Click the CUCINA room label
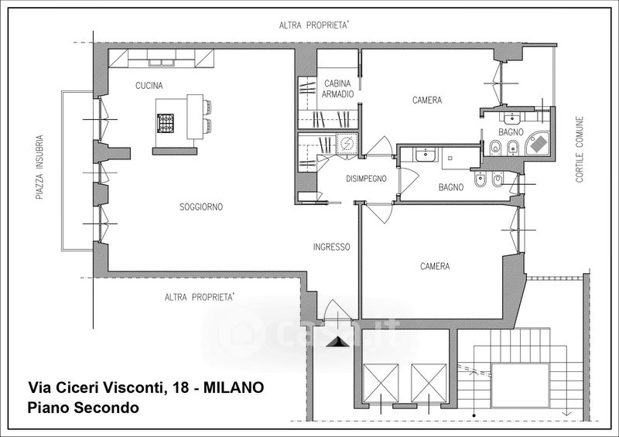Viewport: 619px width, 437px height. (x=149, y=85)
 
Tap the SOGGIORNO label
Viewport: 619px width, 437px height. (x=201, y=207)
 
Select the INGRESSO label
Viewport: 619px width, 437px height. (x=331, y=248)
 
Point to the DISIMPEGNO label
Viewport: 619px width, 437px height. (x=366, y=179)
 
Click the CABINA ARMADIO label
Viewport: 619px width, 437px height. (x=337, y=89)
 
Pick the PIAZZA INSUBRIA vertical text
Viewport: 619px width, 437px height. (x=39, y=167)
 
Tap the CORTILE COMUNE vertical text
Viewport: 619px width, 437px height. (x=579, y=149)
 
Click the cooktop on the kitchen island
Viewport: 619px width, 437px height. (x=166, y=123)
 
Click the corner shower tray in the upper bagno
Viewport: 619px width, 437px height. (x=539, y=143)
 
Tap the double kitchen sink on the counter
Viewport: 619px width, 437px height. (x=162, y=63)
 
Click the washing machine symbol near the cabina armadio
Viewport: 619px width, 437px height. (x=347, y=144)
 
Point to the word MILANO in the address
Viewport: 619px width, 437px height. (x=234, y=387)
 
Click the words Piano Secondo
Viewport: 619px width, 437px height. (x=83, y=408)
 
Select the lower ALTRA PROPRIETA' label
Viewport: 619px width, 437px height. (x=200, y=297)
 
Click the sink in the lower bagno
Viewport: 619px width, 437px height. (x=426, y=155)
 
